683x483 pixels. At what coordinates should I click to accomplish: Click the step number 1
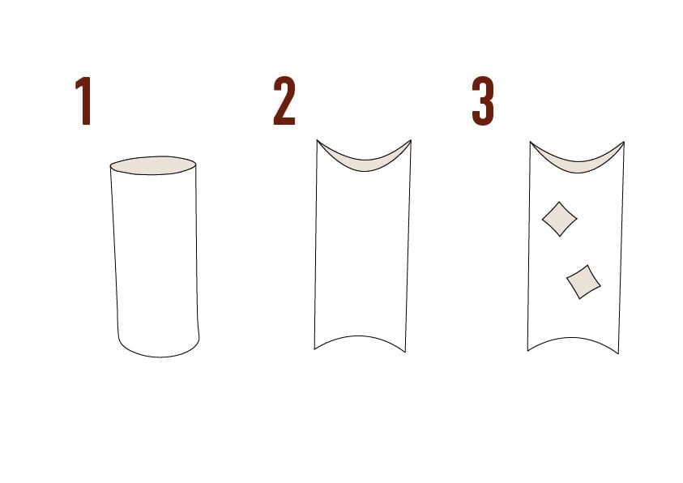(83, 100)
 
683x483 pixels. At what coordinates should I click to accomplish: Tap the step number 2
(284, 100)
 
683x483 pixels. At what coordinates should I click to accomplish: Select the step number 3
(483, 101)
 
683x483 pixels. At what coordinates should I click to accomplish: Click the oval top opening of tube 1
(153, 165)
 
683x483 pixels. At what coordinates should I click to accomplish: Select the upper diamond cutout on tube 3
(559, 219)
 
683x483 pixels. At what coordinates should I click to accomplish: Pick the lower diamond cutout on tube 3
(583, 282)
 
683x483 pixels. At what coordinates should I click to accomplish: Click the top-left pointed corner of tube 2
(317, 140)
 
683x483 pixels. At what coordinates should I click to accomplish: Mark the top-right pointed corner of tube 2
(411, 140)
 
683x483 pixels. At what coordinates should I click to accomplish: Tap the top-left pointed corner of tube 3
(530, 142)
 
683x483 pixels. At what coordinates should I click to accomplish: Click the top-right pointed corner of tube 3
(624, 142)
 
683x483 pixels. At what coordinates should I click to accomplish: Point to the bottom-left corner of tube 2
(314, 348)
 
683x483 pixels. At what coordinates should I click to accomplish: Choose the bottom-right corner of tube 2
(406, 352)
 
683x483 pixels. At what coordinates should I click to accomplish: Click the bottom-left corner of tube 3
(527, 351)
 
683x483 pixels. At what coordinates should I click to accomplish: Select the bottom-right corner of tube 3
(618, 353)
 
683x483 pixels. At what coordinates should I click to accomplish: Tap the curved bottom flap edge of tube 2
(359, 336)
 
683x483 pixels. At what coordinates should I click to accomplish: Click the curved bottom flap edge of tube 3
(572, 338)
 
